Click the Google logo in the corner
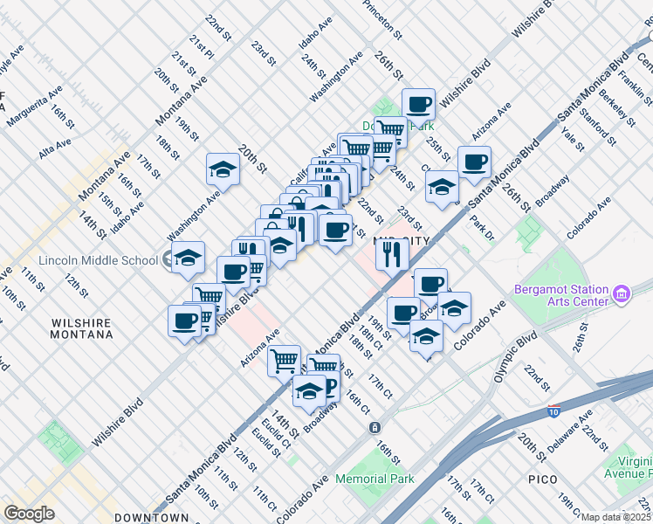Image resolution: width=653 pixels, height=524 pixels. [x=29, y=514]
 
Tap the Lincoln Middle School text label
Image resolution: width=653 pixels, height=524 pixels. [x=98, y=260]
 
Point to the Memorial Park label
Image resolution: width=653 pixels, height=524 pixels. [x=374, y=479]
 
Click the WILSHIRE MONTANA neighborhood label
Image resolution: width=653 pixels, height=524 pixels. [x=81, y=328]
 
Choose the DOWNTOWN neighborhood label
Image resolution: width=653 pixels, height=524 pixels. [x=151, y=517]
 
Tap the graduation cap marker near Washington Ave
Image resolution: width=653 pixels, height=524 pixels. [x=223, y=169]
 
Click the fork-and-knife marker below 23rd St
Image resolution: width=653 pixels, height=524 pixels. [x=393, y=253]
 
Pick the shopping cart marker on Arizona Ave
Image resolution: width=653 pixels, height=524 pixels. [x=284, y=359]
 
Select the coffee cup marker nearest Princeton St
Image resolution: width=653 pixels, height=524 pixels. [x=418, y=104]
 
